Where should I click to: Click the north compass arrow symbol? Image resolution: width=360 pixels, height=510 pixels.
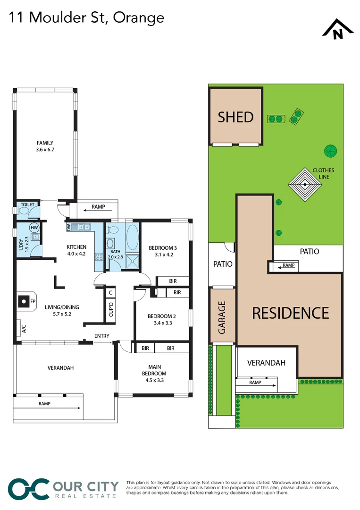[x=337, y=29]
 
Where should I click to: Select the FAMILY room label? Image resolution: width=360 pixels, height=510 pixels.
[x=45, y=146]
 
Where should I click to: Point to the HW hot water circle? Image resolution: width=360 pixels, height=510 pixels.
[x=34, y=227]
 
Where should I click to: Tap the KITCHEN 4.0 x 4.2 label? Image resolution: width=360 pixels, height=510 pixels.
[x=76, y=250]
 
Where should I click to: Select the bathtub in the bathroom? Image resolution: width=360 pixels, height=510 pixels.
[x=132, y=239]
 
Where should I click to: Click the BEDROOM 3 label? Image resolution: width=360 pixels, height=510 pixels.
[x=163, y=251]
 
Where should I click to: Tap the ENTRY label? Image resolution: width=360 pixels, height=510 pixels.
[x=101, y=336]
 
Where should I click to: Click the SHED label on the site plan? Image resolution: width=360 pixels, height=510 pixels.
[x=235, y=117]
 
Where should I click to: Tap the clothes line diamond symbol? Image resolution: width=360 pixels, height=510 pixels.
[x=305, y=184]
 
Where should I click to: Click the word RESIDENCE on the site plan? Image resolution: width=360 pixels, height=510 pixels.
[x=290, y=313]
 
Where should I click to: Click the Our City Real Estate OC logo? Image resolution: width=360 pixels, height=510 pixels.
[x=28, y=488]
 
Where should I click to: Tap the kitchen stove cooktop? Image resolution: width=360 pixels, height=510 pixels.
[x=99, y=257]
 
